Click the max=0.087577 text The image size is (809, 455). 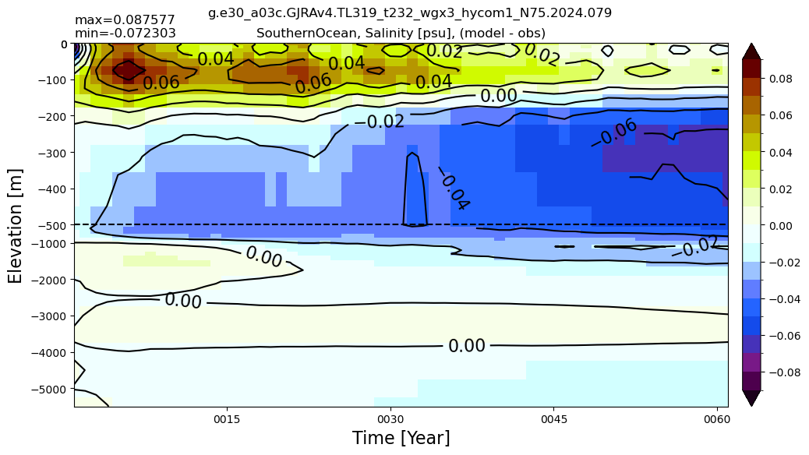tap(125, 20)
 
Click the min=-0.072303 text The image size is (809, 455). tap(125, 34)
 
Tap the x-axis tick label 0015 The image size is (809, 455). tap(227, 419)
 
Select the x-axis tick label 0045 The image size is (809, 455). tap(553, 419)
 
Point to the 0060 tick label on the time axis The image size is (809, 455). tap(717, 419)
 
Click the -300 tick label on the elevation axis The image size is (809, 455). tap(53, 153)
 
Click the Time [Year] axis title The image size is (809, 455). tap(401, 438)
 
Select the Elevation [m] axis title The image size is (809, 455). tap(15, 226)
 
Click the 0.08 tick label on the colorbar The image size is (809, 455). tap(781, 79)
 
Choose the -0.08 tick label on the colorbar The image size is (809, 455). tap(785, 372)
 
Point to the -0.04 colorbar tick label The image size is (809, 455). tap(785, 299)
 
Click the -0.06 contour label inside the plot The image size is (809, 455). tap(614, 132)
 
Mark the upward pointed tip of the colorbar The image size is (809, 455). tap(752, 44)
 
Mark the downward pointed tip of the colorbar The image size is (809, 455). tap(752, 406)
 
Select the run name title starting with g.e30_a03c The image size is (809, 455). tap(410, 13)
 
